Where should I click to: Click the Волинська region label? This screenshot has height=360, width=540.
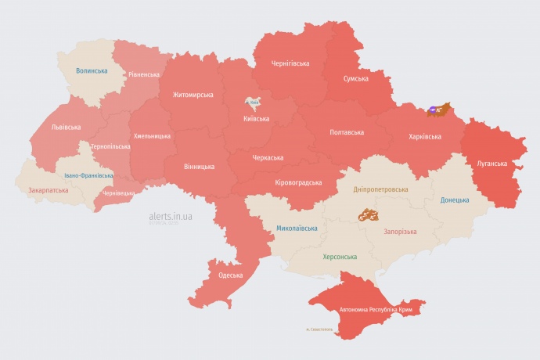click(92, 70)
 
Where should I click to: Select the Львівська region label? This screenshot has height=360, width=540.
click(66, 126)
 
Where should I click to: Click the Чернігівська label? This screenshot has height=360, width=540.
click(290, 63)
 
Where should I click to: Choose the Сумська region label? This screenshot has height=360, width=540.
click(356, 79)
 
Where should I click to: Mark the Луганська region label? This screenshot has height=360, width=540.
click(492, 164)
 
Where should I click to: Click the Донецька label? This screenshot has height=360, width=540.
click(455, 200)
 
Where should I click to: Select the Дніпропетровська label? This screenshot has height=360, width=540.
click(381, 189)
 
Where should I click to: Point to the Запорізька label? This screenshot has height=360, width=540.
click(401, 231)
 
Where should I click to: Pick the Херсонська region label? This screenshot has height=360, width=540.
click(340, 257)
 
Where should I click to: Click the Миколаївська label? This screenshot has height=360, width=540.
click(297, 229)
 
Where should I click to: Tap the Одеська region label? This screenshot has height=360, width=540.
click(231, 275)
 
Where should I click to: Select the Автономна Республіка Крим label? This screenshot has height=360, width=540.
click(376, 310)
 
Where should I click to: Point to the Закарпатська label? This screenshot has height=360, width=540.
click(47, 189)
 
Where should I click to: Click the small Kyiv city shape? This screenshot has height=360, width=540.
click(253, 103)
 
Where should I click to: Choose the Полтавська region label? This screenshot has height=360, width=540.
click(347, 131)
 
